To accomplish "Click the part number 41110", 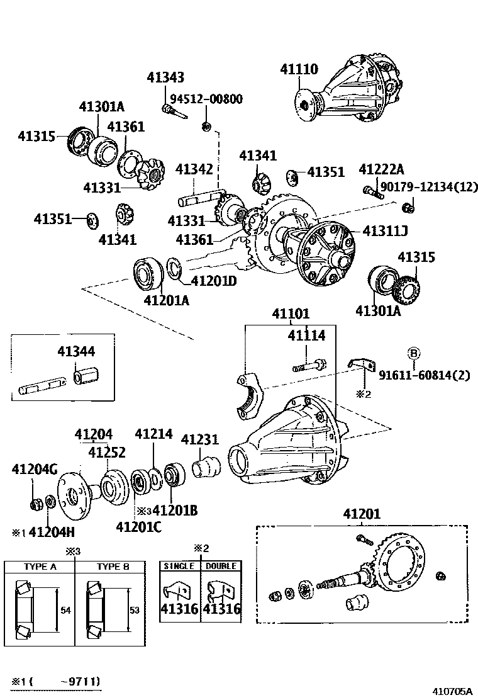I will (299, 69).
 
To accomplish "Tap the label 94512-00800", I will (206, 99).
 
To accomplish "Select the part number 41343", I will (165, 77).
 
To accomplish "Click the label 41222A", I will (381, 169).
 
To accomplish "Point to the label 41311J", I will (385, 232).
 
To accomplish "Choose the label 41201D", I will (213, 281).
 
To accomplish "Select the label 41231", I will (199, 439).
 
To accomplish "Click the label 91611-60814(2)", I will (424, 375).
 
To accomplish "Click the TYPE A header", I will (40, 567).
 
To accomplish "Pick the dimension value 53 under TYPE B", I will (135, 611).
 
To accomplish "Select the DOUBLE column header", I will (221, 566).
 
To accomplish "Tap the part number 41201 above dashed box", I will (362, 514).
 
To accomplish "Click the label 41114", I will (306, 336).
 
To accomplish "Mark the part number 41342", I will (195, 169).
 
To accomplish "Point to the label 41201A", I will (166, 300).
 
